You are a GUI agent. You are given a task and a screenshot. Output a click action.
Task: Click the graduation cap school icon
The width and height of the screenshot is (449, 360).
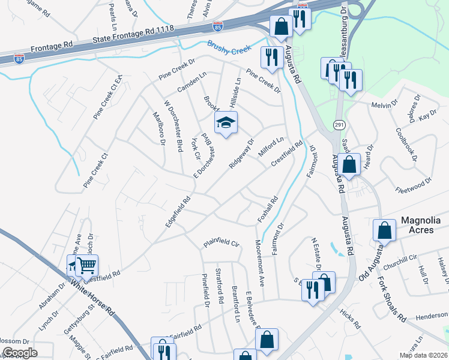[x=226, y=124]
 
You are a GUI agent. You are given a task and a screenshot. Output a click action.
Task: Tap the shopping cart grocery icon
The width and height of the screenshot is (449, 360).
[x=87, y=264]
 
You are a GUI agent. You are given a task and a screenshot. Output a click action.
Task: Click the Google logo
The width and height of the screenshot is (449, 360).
[x=20, y=353]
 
